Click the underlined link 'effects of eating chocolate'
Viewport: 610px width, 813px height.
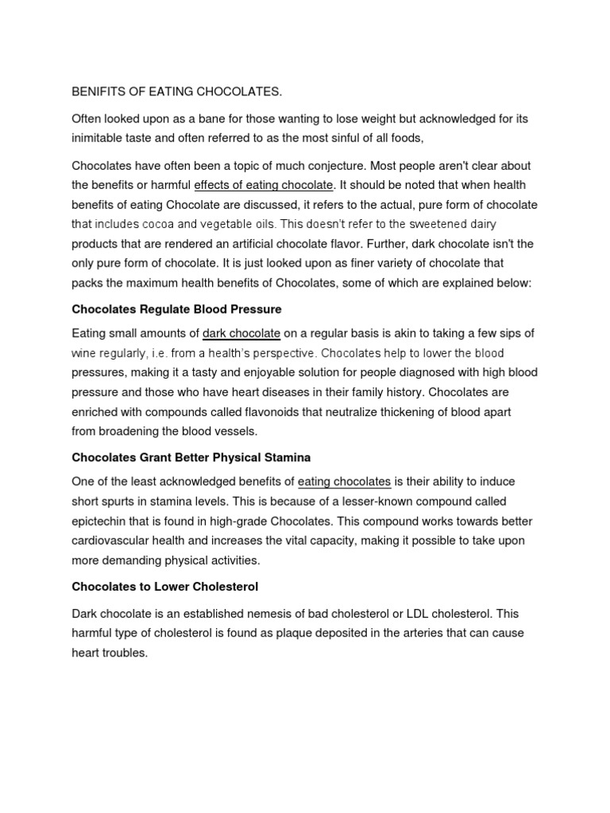tap(264, 185)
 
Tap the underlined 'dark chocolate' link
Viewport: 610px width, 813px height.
tap(241, 333)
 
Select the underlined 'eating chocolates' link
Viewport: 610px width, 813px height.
tap(344, 481)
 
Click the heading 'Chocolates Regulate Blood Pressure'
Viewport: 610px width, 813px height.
tap(176, 308)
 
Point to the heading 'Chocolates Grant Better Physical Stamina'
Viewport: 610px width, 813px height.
tap(191, 457)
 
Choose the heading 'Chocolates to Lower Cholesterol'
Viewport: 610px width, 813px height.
tap(165, 588)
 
